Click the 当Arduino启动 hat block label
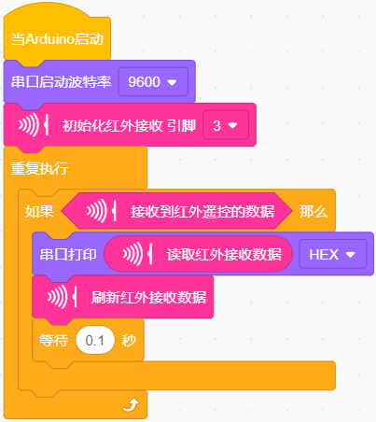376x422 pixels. click(57, 39)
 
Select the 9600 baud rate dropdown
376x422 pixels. click(153, 82)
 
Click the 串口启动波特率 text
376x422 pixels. click(62, 82)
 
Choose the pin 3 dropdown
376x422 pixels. click(226, 125)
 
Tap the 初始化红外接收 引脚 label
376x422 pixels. click(129, 126)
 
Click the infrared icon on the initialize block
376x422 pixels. click(34, 125)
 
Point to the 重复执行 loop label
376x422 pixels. click(39, 168)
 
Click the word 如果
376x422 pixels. click(39, 212)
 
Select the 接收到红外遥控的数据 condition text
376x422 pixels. click(202, 212)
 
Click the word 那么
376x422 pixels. click(313, 212)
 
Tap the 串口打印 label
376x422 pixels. click(68, 255)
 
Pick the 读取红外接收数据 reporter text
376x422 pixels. click(224, 255)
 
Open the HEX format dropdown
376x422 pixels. click(333, 255)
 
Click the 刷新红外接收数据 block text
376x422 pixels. click(148, 298)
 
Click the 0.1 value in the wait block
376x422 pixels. click(95, 341)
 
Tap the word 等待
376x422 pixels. click(53, 341)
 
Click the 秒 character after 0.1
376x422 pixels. click(129, 341)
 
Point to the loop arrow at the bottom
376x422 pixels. click(131, 405)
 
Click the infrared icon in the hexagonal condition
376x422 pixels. click(102, 211)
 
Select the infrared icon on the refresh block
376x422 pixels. click(63, 297)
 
